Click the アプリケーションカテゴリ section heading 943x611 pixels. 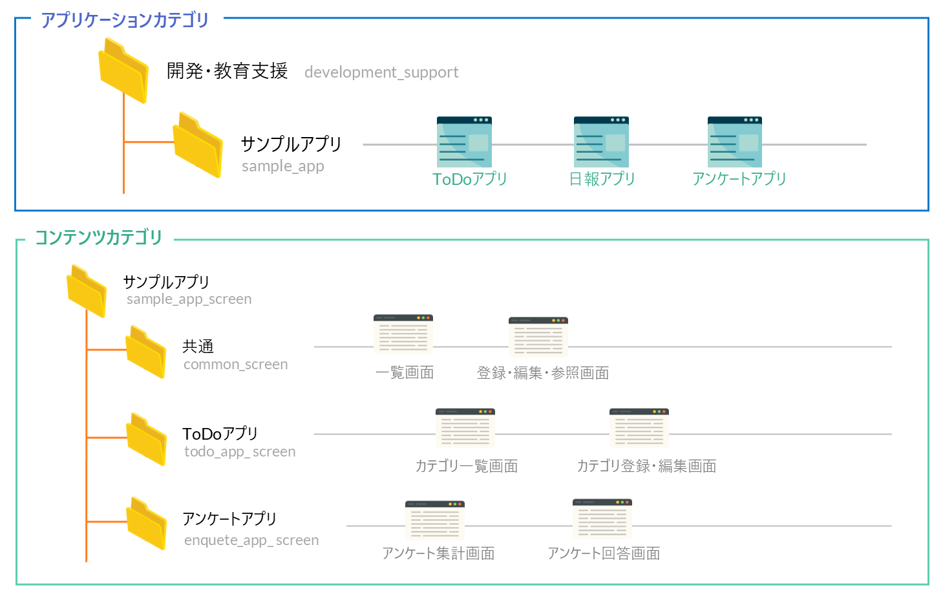[125, 20]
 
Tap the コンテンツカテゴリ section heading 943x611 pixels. [98, 237]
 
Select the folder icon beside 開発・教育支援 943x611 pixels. [123, 70]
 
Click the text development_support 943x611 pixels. [381, 72]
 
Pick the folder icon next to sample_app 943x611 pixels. [198, 145]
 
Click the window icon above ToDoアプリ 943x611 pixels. [464, 142]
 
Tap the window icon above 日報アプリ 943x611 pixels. [601, 142]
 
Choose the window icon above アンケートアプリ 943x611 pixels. [735, 142]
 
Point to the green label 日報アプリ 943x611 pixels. [602, 179]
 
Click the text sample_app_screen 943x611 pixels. [189, 299]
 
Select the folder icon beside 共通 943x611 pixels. [146, 352]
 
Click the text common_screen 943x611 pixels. [235, 365]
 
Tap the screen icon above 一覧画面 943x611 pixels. [403, 334]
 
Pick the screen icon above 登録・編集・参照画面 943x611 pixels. [538, 336]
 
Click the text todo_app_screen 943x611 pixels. [240, 452]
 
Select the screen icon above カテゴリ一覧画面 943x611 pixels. [465, 427]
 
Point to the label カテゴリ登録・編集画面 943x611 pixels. [646, 466]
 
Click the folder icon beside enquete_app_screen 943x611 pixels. [147, 523]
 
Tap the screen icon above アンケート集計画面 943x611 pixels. [435, 520]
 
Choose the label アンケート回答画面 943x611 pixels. [604, 553]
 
